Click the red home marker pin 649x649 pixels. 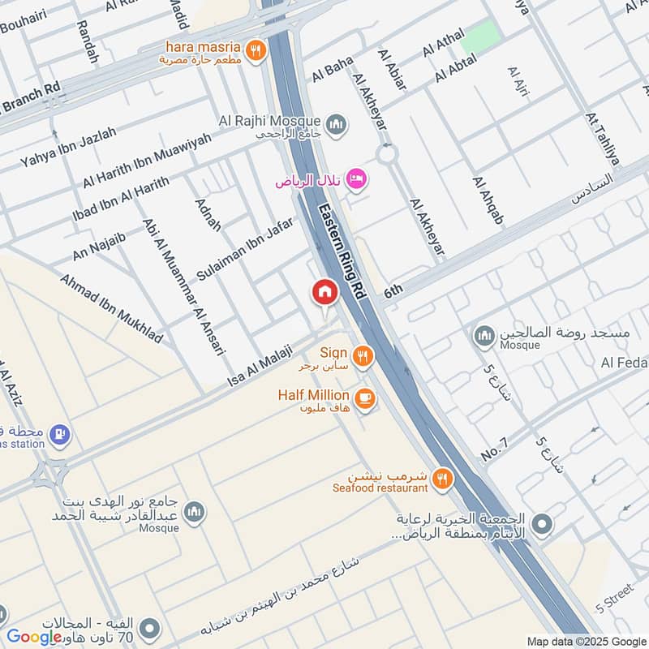[324, 293]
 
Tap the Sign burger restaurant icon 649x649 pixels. [362, 355]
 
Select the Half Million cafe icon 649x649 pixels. [365, 397]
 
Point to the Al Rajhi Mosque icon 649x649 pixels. [337, 124]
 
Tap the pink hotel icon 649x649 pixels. [355, 178]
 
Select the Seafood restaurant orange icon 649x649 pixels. [442, 479]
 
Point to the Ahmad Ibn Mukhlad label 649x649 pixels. [111, 307]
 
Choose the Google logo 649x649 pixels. [34, 637]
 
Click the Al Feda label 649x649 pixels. [623, 363]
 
